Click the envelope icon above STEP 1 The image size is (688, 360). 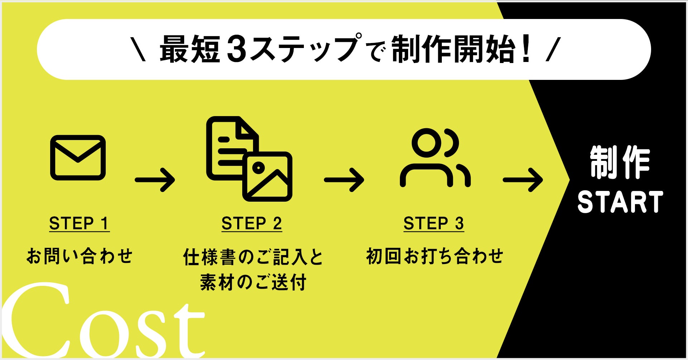(78, 158)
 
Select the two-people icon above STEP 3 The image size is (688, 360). (435, 158)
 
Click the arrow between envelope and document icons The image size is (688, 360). (155, 180)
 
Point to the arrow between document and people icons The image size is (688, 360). (344, 180)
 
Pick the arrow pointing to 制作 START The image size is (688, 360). (523, 180)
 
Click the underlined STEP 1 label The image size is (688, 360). (79, 224)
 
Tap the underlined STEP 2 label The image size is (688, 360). (252, 224)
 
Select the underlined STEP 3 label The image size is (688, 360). (434, 224)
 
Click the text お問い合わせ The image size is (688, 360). (80, 256)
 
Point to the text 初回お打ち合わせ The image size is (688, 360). (435, 256)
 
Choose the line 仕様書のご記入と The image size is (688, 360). (253, 257)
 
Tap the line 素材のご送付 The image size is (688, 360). (253, 282)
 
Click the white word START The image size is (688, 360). (620, 202)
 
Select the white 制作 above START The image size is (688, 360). (620, 163)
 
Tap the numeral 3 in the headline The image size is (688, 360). (237, 49)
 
